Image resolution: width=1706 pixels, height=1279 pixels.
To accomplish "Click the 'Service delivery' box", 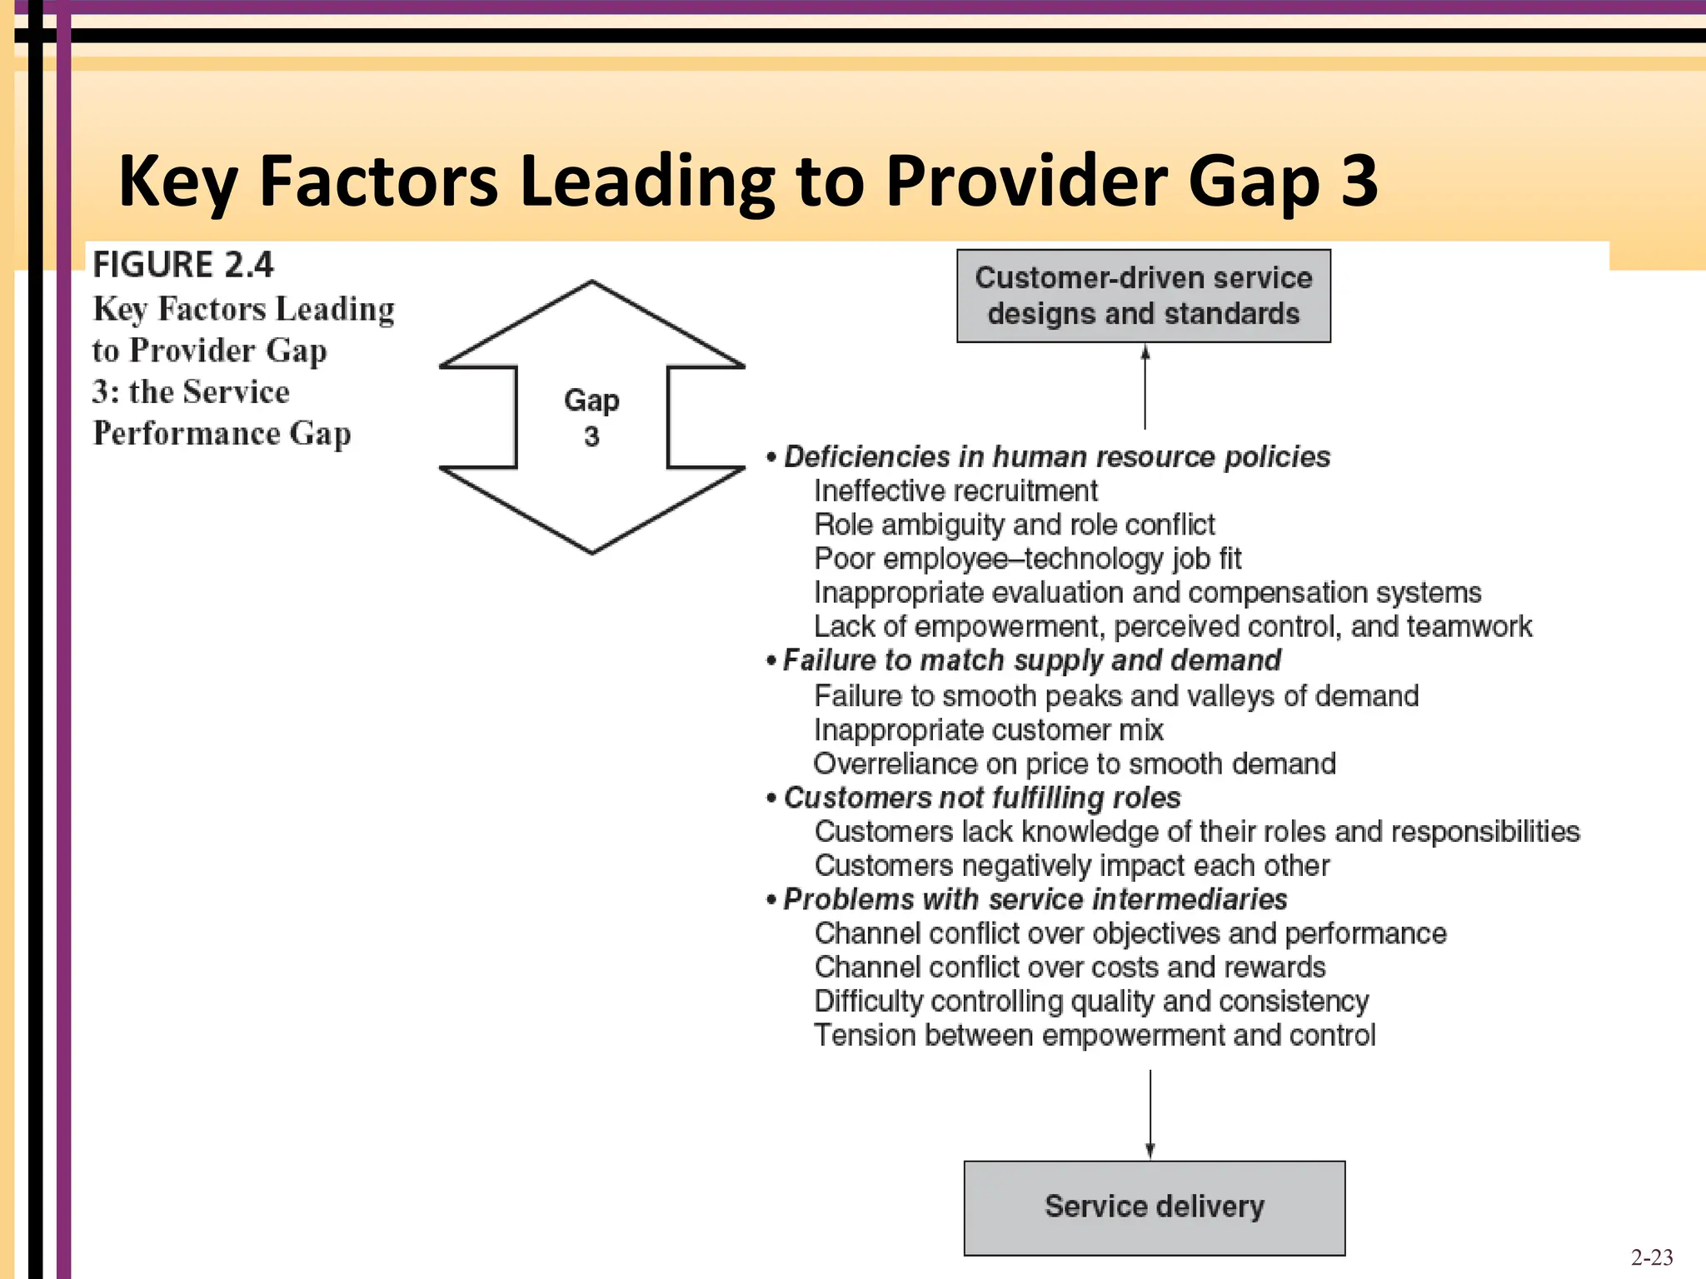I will click(x=1154, y=1207).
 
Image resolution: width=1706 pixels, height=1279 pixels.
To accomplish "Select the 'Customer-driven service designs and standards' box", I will click(x=1143, y=296).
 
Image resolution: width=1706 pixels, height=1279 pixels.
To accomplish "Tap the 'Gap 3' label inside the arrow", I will click(x=591, y=417).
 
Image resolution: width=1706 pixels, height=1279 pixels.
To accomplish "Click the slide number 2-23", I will click(x=1651, y=1257).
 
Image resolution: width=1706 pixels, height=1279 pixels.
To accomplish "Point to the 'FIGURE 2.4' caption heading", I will click(x=182, y=265).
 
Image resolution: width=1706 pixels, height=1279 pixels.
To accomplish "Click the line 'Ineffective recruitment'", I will click(x=955, y=491).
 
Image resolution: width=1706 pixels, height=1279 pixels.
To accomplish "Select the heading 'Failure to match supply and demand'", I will click(x=1031, y=660).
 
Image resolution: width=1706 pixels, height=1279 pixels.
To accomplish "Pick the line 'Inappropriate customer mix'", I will click(x=988, y=730).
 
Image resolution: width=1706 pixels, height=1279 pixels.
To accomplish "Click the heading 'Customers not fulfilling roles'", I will click(x=981, y=798).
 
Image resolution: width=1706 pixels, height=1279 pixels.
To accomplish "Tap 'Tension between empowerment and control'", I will click(x=1094, y=1035).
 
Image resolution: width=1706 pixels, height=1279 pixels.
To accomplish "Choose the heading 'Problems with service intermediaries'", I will click(x=1035, y=899).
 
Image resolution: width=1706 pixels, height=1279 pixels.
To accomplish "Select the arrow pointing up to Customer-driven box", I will click(x=1145, y=387).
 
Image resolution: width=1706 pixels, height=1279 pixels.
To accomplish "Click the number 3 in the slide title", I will click(x=1359, y=181).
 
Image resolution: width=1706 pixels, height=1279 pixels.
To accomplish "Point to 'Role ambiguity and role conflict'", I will click(x=1014, y=525).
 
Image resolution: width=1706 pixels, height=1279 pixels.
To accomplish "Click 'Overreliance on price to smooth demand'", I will click(x=1075, y=764).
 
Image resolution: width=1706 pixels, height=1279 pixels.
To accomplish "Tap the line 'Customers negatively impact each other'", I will click(x=1071, y=866).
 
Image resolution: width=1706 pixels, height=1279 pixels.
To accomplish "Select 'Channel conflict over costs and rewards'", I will click(x=1070, y=968).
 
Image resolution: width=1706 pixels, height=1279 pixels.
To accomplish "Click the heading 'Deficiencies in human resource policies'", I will click(x=1056, y=457).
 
